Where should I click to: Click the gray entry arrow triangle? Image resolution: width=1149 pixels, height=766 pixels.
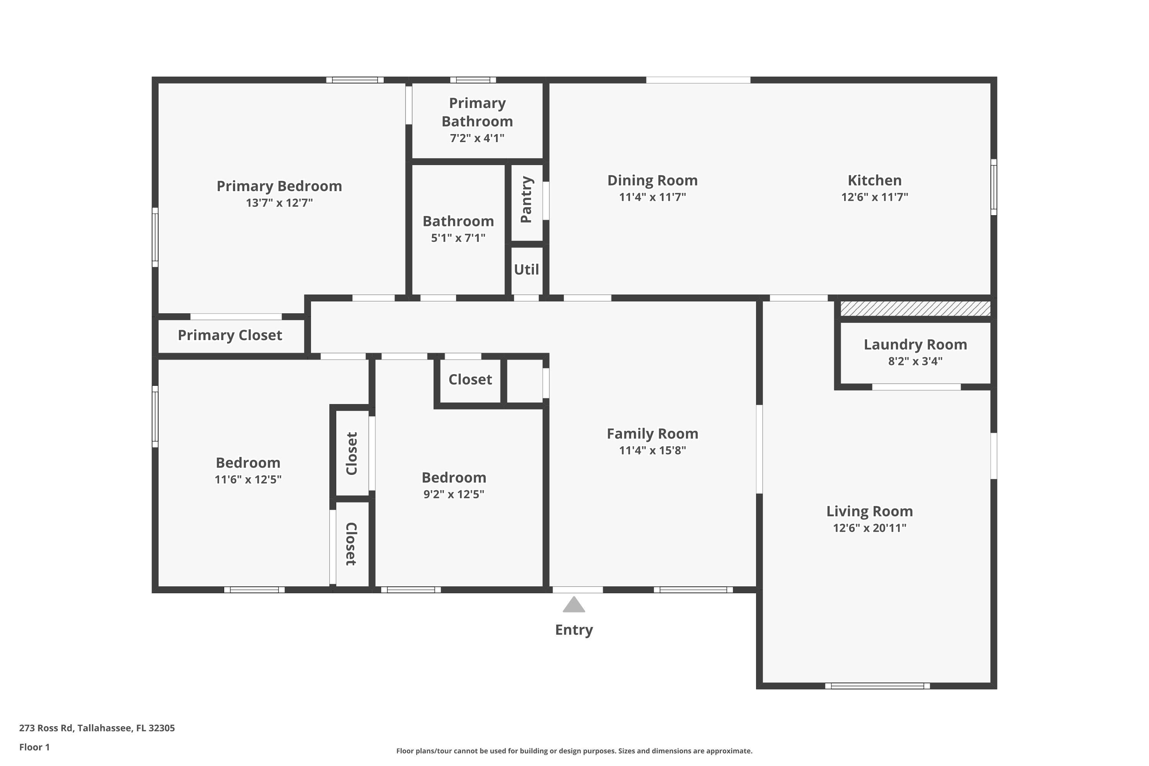point(574,605)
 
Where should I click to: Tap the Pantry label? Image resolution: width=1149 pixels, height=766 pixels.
point(526,200)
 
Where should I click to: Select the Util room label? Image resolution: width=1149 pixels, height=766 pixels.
point(526,269)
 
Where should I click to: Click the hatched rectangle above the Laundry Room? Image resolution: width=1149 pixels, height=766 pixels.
point(915,309)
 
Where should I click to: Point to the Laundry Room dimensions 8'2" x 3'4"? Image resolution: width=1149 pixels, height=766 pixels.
point(915,361)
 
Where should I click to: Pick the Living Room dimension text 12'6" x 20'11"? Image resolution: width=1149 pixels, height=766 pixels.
point(869,528)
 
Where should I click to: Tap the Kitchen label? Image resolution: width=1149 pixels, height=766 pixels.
point(874,180)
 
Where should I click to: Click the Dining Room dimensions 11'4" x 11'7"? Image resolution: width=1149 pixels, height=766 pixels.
point(653,197)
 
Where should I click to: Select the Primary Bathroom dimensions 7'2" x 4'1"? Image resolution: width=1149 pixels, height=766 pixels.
point(477,138)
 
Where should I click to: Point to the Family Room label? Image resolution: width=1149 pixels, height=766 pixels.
point(653,434)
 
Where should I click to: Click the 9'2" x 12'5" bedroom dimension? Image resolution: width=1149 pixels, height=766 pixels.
point(454,494)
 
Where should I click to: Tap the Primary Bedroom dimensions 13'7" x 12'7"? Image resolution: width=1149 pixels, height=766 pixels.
point(280,202)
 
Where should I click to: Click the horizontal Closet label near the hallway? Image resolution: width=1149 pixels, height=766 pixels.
point(470,380)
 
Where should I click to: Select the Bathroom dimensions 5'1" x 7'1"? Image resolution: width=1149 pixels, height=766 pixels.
point(458,238)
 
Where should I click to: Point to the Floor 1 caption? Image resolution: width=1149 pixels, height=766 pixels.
point(35,747)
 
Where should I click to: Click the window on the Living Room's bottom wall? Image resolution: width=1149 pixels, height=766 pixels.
point(877,686)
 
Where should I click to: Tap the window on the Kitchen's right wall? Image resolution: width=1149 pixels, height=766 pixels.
point(994,187)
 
